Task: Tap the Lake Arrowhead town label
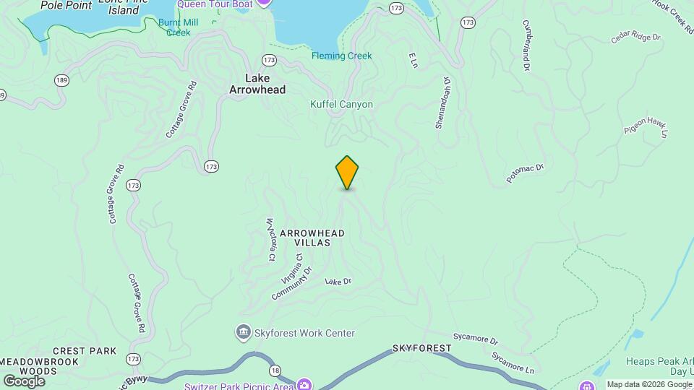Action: pos(257,84)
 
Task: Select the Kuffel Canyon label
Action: pos(341,105)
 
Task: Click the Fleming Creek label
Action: pos(341,56)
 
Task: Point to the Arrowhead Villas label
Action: pos(312,238)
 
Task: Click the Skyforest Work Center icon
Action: pos(244,333)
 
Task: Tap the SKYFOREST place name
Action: pos(422,348)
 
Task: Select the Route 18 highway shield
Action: pos(275,370)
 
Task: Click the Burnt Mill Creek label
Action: pos(179,27)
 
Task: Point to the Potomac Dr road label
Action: pos(525,173)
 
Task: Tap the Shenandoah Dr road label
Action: pos(442,103)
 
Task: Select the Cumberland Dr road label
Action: pos(526,45)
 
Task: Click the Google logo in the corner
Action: pos(23,381)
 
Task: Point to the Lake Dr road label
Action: pos(338,281)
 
